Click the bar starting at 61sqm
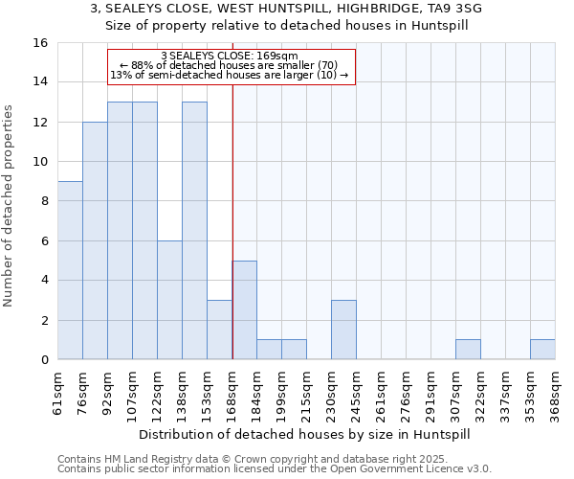[70, 270]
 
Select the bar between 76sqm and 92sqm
[95, 240]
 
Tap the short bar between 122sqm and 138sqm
[169, 300]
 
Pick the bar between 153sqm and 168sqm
[219, 330]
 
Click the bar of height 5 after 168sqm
[244, 310]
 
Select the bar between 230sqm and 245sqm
[343, 330]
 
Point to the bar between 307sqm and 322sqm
[468, 350]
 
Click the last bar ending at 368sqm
[542, 350]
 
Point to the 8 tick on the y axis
[44, 201]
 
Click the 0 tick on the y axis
[44, 360]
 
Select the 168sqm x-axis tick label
[232, 390]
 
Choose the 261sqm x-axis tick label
[382, 390]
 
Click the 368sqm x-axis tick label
[556, 390]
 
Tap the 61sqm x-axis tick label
[58, 390]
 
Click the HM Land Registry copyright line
[258, 459]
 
